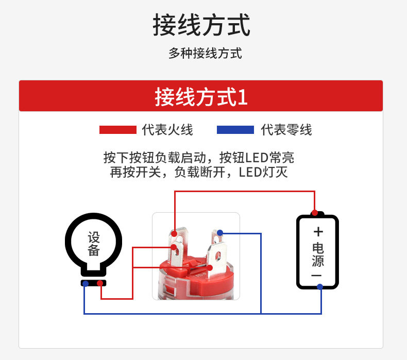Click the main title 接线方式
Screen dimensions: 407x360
pyautogui.click(x=201, y=25)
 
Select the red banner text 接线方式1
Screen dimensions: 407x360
pyautogui.click(x=201, y=97)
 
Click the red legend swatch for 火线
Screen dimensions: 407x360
pyautogui.click(x=118, y=130)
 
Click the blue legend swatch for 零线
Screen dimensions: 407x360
pyautogui.click(x=235, y=130)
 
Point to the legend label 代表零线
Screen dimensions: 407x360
pyautogui.click(x=286, y=130)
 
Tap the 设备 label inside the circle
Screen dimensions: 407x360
pyautogui.click(x=94, y=244)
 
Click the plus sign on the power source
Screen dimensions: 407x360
pyautogui.click(x=318, y=231)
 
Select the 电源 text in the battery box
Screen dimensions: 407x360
pyautogui.click(x=318, y=254)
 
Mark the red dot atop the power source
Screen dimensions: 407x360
pyautogui.click(x=314, y=213)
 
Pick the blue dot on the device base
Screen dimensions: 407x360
pyautogui.click(x=85, y=284)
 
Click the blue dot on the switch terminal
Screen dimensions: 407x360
pyautogui.click(x=220, y=233)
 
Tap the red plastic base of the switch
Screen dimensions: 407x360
pyautogui.click(x=196, y=278)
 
